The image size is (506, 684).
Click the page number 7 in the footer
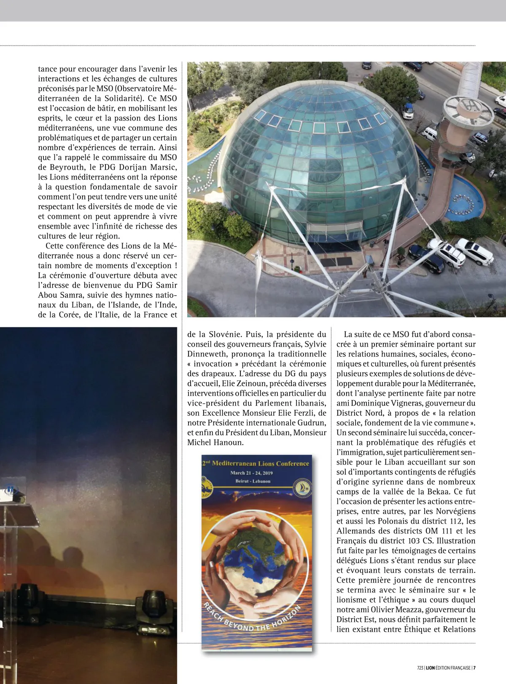(x=475, y=668)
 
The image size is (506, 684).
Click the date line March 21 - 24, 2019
(x=252, y=473)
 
